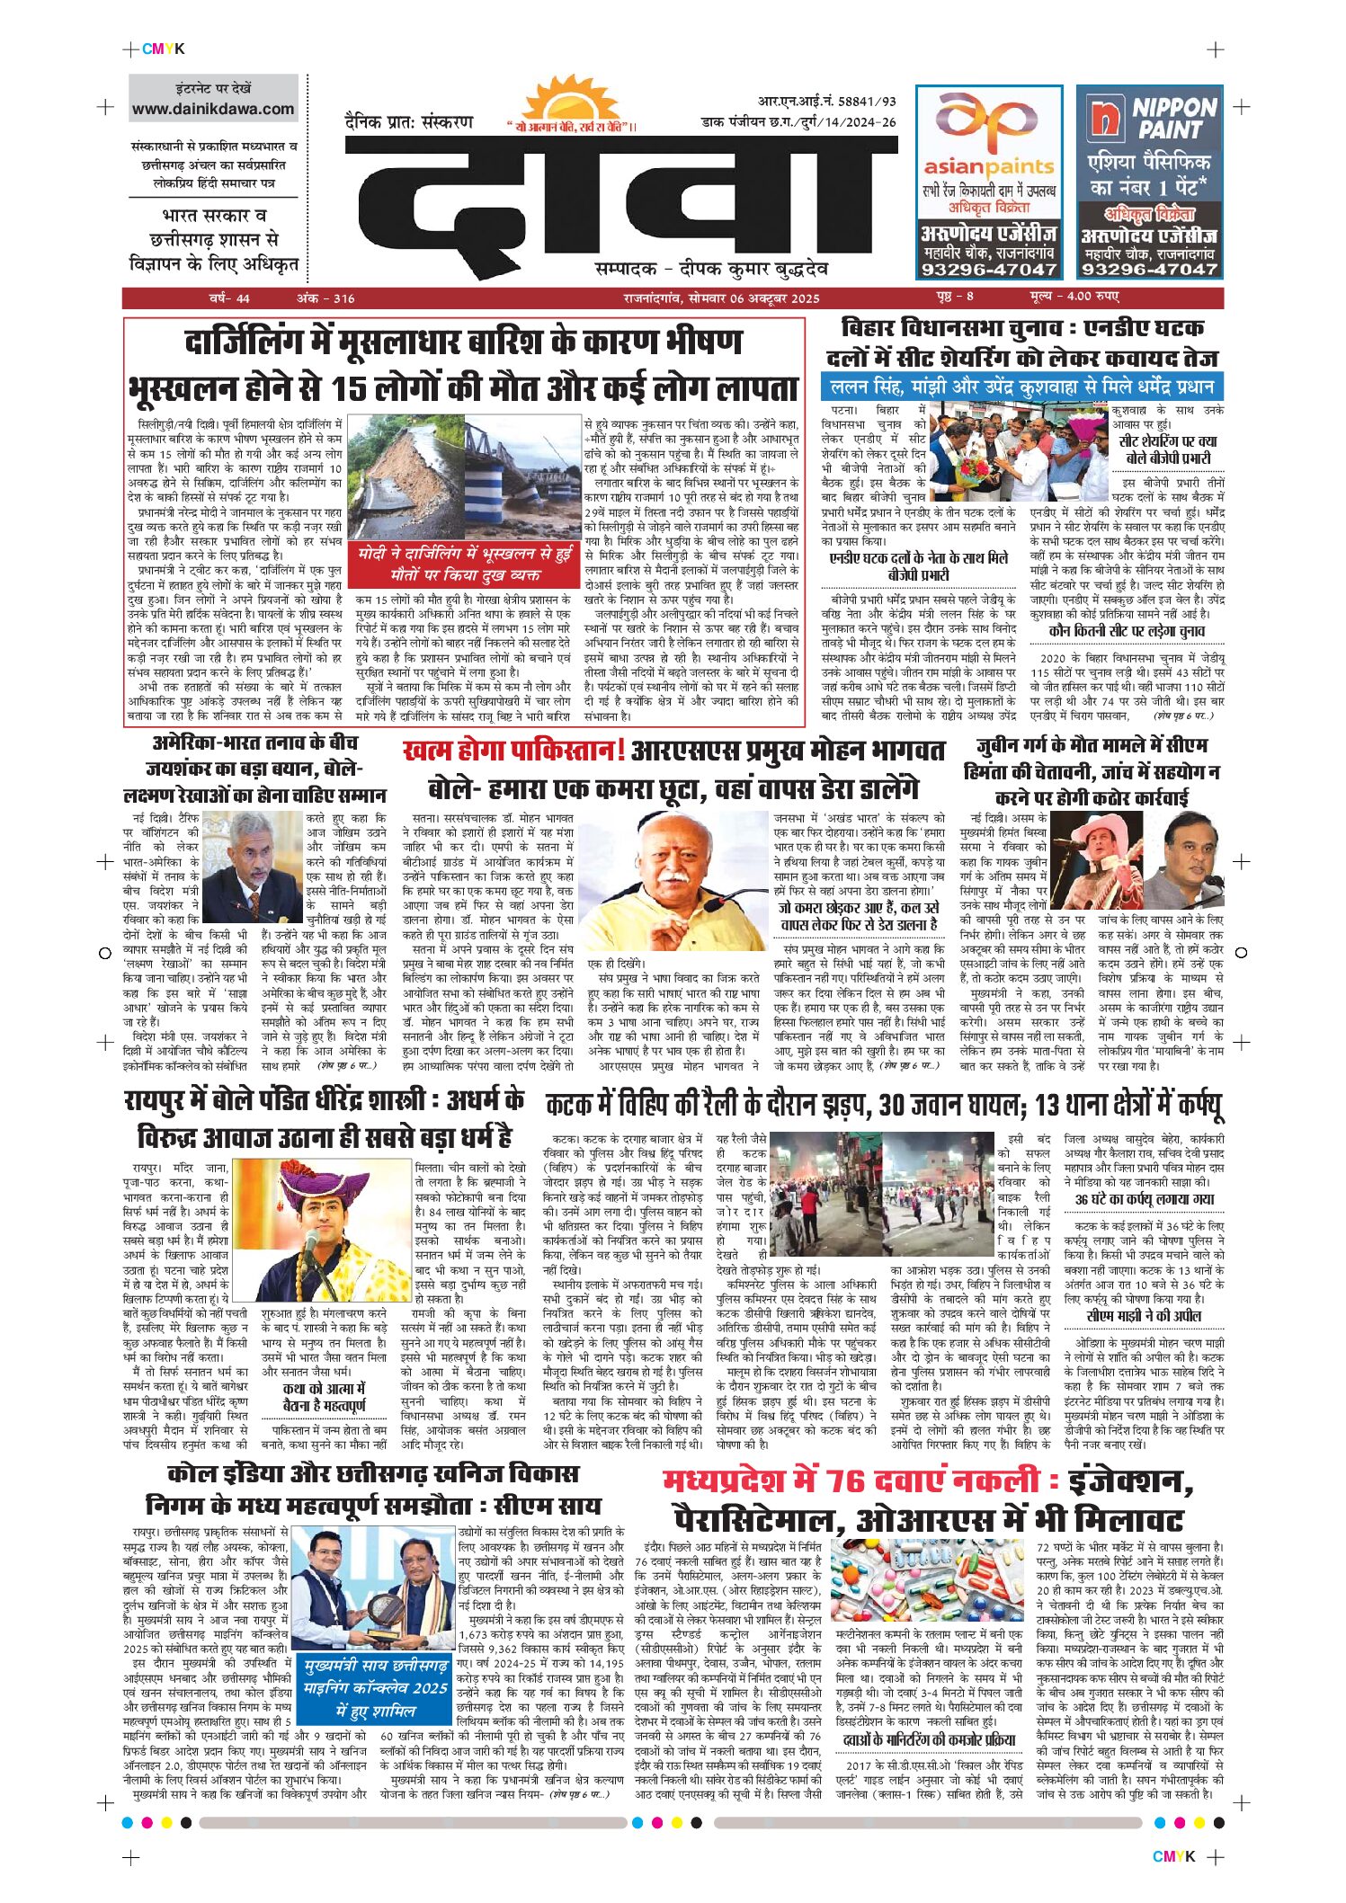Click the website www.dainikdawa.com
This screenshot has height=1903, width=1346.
(x=213, y=110)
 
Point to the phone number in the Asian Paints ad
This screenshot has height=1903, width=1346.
(x=988, y=269)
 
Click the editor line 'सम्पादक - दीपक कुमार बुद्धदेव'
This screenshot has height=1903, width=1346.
(x=711, y=269)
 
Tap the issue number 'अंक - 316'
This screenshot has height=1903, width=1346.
(x=325, y=298)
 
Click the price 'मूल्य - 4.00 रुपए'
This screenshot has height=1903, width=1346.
(x=1074, y=298)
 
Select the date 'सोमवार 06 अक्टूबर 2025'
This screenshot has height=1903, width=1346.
(x=752, y=298)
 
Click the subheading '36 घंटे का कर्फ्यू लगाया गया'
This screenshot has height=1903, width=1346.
(x=1144, y=1199)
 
